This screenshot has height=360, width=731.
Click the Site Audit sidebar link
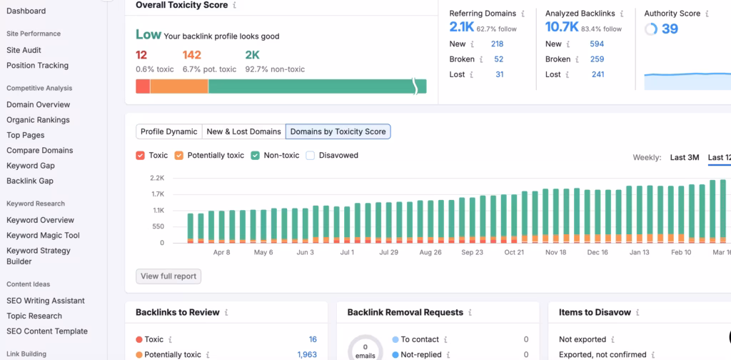(x=24, y=50)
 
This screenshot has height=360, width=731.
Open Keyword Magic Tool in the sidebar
(x=43, y=235)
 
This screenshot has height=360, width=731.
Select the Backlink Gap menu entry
(x=30, y=181)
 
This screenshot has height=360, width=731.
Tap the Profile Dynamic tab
(x=168, y=131)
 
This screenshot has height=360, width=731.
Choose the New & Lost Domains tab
(x=243, y=131)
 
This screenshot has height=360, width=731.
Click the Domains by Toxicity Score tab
(x=338, y=131)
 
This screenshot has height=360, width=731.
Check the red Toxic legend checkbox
(x=140, y=155)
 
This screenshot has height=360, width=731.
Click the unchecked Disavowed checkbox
(x=310, y=155)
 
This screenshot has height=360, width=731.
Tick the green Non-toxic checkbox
(x=255, y=155)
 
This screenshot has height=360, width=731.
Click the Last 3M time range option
(x=684, y=157)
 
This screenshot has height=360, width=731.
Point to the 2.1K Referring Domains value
(x=462, y=27)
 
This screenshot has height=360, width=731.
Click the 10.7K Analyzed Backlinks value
(x=562, y=27)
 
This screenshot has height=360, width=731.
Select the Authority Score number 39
(x=670, y=29)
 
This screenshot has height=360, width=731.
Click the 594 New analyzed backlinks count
(x=597, y=44)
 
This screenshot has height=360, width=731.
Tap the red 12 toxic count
(x=141, y=54)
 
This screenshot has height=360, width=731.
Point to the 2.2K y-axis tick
(x=157, y=178)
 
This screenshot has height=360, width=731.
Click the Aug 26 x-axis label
(x=430, y=252)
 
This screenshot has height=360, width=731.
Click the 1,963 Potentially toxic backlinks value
(x=307, y=354)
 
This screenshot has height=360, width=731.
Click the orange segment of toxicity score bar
(x=179, y=86)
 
